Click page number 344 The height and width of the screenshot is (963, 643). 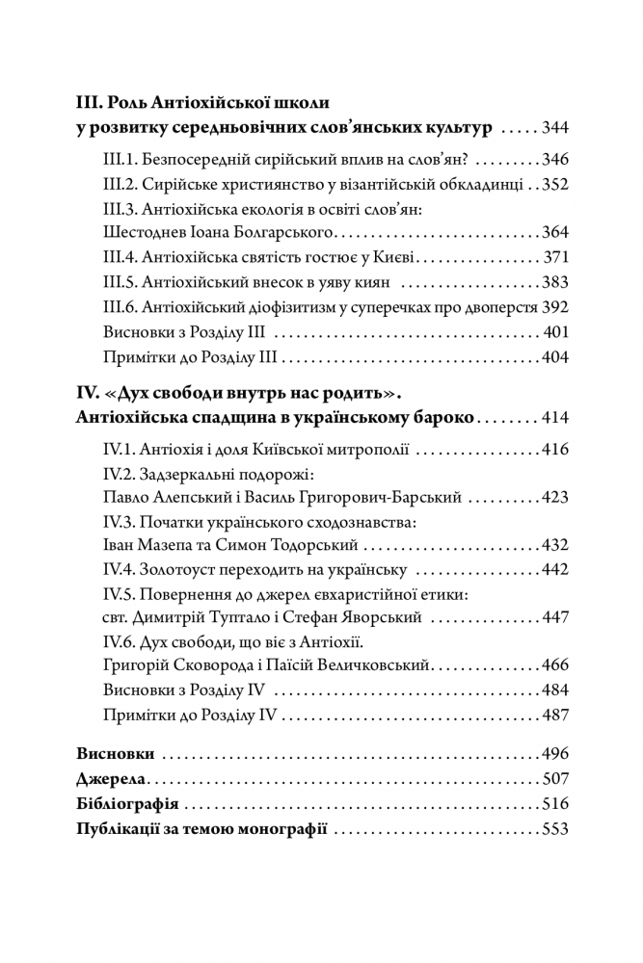(556, 127)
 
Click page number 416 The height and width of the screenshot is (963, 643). (556, 450)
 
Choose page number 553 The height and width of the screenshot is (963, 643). (556, 829)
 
